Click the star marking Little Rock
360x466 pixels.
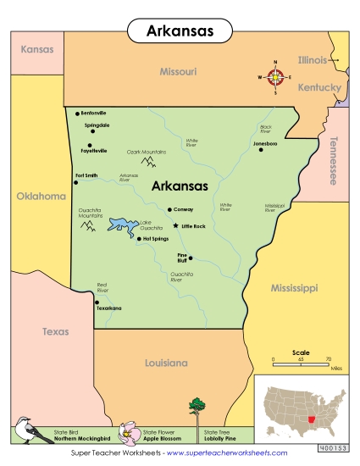point(175,226)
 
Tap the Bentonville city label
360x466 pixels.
point(94,113)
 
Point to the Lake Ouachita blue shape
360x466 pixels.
point(122,227)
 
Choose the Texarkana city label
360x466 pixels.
point(109,308)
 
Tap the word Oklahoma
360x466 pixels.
point(41,196)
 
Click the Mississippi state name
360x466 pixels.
point(294,288)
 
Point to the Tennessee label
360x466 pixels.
point(333,160)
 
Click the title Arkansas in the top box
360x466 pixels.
point(180,31)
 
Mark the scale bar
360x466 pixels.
point(300,362)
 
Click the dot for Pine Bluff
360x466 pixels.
point(191,258)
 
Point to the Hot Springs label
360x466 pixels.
point(158,239)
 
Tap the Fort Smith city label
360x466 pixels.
point(86,175)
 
